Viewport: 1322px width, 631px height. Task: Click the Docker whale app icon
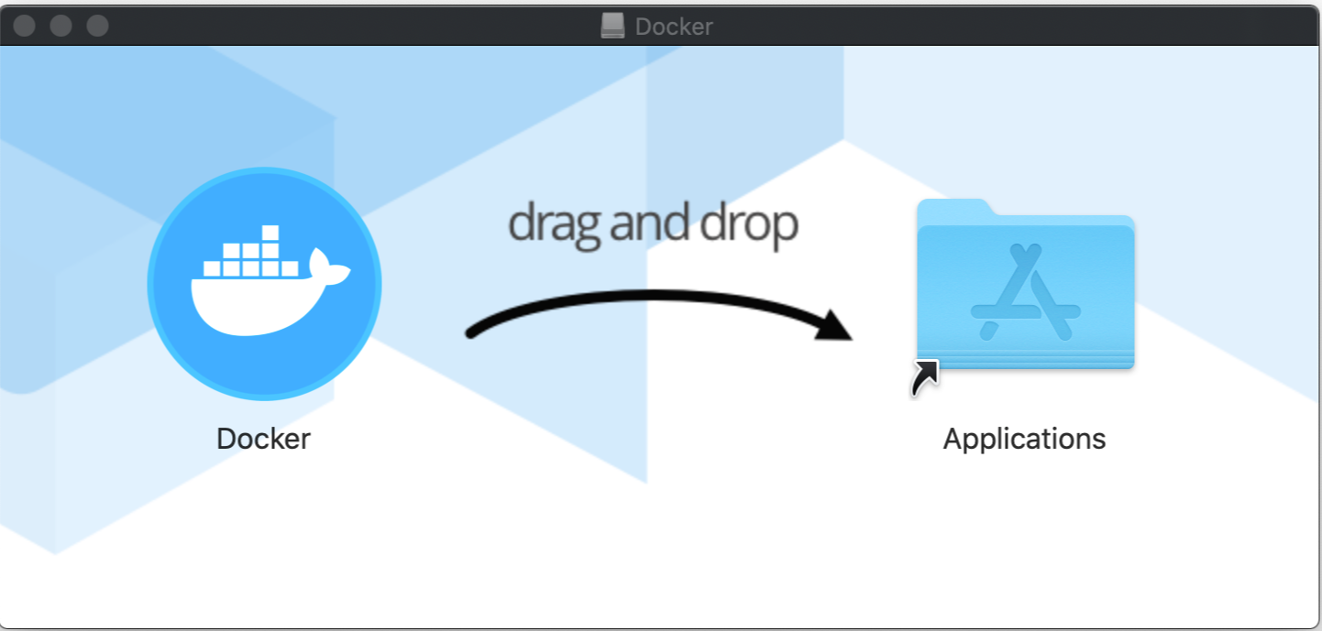click(264, 284)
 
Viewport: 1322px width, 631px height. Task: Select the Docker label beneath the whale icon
click(263, 439)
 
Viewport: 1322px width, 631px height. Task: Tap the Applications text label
click(1024, 439)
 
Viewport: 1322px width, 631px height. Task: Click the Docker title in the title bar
click(674, 27)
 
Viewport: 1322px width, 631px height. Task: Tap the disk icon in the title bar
click(612, 26)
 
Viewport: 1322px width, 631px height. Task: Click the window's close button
click(25, 26)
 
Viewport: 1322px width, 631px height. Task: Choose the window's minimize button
click(61, 26)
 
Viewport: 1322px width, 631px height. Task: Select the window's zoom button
click(98, 26)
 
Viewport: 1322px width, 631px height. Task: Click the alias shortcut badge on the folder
click(925, 377)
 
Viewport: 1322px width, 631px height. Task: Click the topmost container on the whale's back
click(270, 233)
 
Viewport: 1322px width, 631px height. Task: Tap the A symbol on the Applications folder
click(1025, 293)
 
